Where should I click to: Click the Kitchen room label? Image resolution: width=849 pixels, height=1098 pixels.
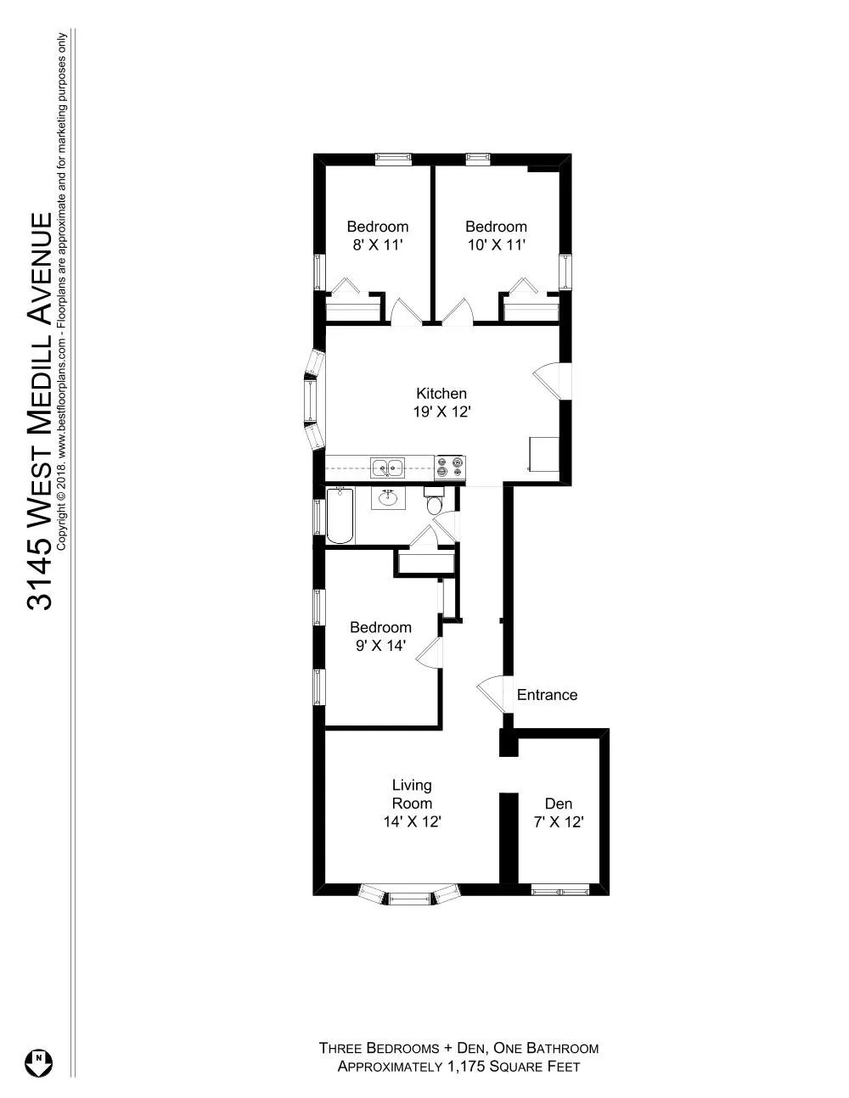(x=441, y=394)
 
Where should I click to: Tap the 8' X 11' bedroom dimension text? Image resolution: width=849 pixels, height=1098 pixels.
(x=377, y=245)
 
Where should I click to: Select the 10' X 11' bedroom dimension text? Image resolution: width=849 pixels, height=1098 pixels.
(x=496, y=245)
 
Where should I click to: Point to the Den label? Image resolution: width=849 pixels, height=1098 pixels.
(x=558, y=804)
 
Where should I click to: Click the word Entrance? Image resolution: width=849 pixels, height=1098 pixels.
(x=547, y=695)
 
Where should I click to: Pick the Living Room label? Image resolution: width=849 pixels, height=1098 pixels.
(x=412, y=794)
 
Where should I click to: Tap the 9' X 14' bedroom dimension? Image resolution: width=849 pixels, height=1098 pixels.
(x=380, y=646)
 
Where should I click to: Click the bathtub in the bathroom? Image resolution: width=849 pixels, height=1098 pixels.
(x=340, y=515)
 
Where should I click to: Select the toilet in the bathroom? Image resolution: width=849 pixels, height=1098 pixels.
(x=434, y=505)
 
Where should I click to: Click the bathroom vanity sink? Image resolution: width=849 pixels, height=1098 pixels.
(x=390, y=498)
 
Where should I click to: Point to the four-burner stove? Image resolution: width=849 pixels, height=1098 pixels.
(x=450, y=466)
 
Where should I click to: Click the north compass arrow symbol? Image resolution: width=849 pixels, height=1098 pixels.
(x=39, y=1062)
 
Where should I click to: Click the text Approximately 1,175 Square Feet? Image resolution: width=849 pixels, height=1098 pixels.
(x=458, y=1067)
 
